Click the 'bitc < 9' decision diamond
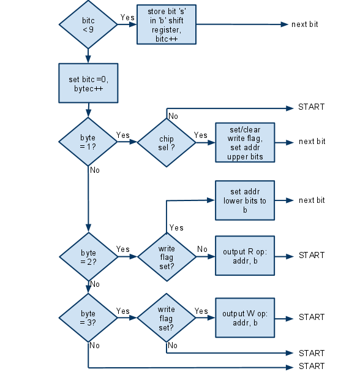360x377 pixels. tap(88, 25)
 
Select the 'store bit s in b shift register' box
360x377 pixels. tap(166, 25)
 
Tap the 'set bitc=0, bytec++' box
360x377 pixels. tap(88, 83)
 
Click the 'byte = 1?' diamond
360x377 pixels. tap(88, 142)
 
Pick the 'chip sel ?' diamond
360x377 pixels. tap(166, 142)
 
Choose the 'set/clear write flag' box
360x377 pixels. tap(245, 142)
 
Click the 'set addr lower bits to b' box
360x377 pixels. tap(245, 200)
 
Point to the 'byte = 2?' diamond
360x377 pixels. tap(88, 256)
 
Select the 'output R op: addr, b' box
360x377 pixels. tap(245, 256)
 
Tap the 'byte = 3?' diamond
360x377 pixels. tap(88, 318)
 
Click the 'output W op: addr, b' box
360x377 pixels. tap(245, 318)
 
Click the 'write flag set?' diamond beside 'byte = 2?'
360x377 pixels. tap(166, 256)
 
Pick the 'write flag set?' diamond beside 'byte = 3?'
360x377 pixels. tap(166, 318)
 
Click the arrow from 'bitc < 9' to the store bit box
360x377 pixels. tap(127, 25)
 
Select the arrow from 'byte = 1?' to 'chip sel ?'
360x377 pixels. tap(127, 142)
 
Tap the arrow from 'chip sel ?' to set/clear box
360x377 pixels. tap(205, 142)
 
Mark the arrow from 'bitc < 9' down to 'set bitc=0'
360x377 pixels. tap(88, 55)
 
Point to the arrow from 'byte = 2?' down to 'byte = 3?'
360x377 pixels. tap(88, 287)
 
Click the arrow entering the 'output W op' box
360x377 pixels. tap(205, 318)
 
